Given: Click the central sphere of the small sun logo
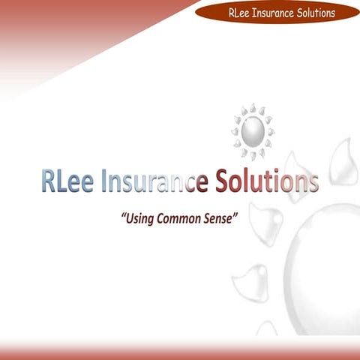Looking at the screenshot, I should [252, 133].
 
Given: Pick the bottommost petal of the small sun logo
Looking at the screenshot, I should [253, 157].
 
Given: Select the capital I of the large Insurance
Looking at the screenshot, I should [103, 181].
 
